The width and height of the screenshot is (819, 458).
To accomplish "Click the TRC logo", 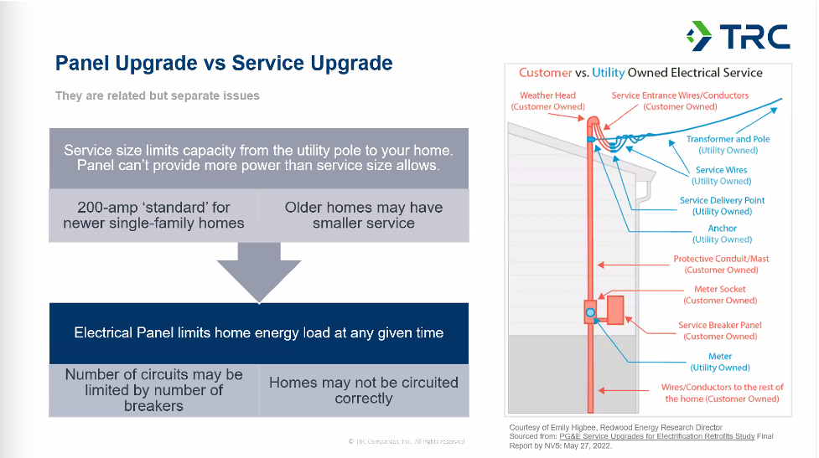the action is (738, 36).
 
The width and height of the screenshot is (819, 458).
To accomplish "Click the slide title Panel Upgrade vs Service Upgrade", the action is (224, 63).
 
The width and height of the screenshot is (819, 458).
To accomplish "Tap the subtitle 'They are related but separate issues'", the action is (158, 96).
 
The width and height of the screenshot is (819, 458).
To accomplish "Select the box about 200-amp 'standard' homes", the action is (153, 215).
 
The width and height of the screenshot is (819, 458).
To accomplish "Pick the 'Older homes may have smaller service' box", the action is (364, 215).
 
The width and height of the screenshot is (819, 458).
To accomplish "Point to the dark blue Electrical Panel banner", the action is (259, 333).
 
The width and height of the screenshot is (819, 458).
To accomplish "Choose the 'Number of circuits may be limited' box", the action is (153, 390).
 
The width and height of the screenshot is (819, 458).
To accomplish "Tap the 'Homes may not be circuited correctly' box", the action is (364, 390).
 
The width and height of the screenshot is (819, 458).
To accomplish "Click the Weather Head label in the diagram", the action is (548, 101).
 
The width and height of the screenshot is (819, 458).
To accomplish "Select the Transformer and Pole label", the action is (728, 145).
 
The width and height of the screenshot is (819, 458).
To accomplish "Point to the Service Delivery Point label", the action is (723, 205).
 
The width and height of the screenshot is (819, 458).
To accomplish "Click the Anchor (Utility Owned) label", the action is (723, 234).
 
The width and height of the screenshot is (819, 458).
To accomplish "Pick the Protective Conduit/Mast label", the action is (721, 264).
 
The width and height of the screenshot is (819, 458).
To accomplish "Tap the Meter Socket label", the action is (720, 295).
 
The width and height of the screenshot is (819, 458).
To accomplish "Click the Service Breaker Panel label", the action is (720, 331).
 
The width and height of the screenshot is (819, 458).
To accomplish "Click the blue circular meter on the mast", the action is (590, 312).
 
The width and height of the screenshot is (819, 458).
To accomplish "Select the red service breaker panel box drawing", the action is (616, 311).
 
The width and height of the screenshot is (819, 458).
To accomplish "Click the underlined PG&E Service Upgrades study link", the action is (657, 436).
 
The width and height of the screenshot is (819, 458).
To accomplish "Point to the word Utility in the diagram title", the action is (608, 73).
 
